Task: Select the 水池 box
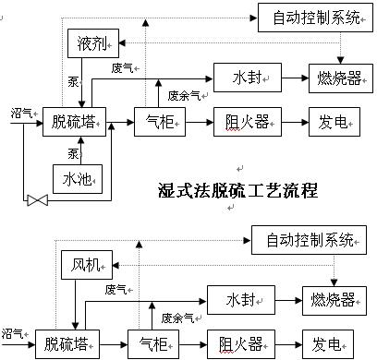point(77,177)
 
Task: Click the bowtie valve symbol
point(37,199)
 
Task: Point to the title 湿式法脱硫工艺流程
point(238,192)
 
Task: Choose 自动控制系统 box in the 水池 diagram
point(316,16)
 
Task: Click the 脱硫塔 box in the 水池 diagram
point(74,120)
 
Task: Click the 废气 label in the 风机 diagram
point(116,289)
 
